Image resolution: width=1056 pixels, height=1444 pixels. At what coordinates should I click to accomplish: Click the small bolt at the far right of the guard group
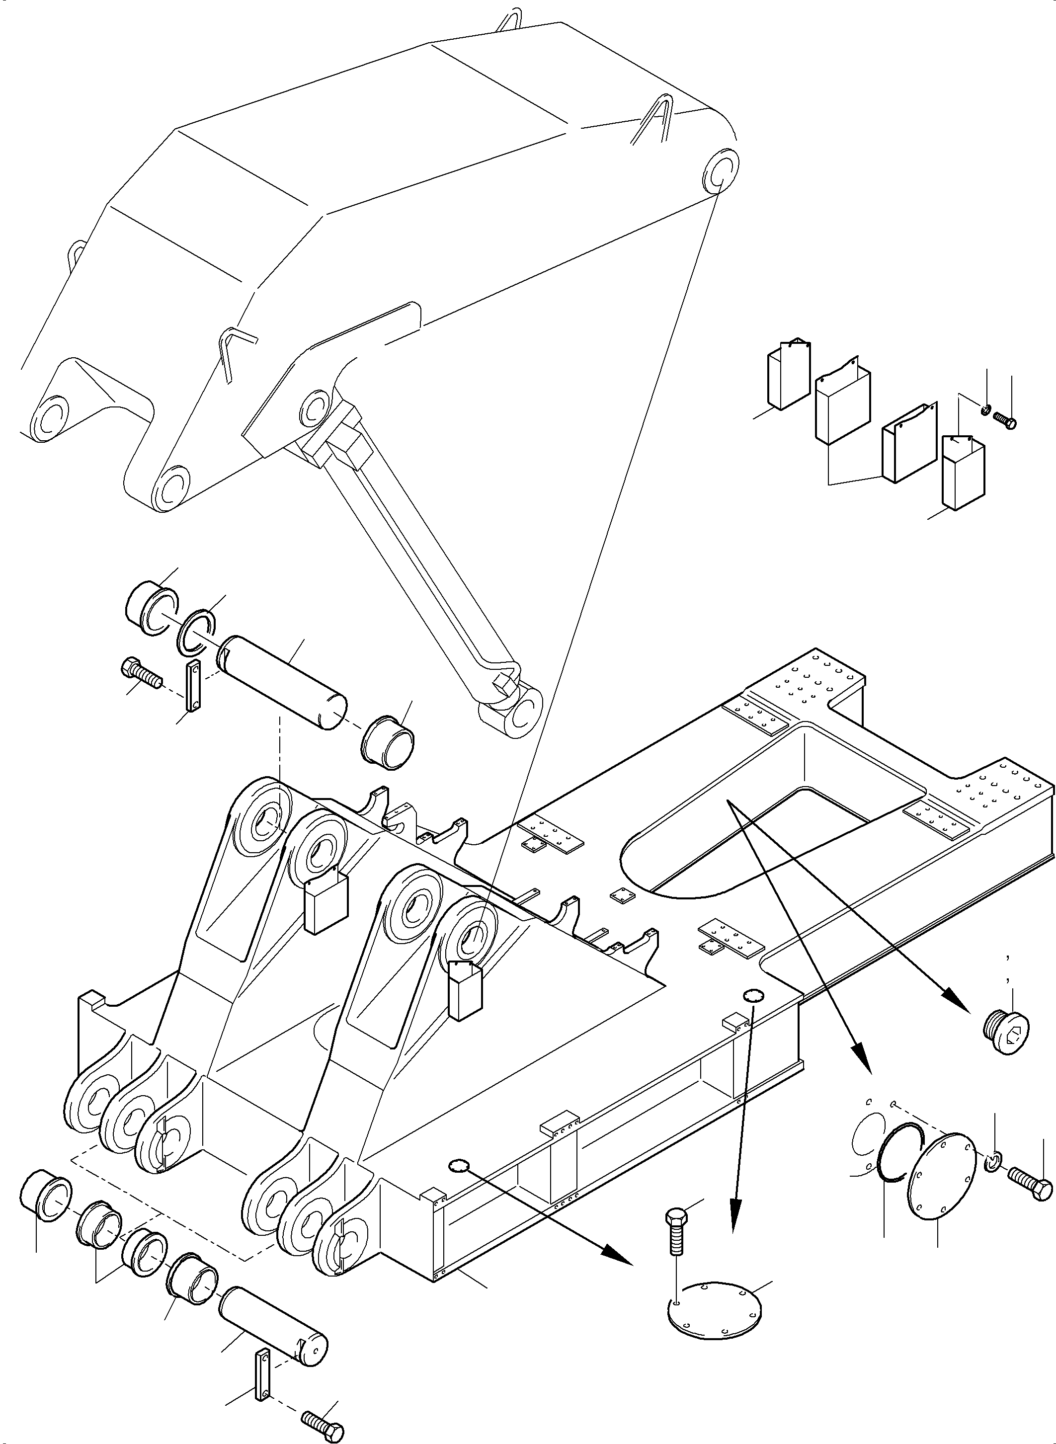pos(1005,420)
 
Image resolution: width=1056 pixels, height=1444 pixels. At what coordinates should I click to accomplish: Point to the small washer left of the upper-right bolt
pos(986,409)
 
